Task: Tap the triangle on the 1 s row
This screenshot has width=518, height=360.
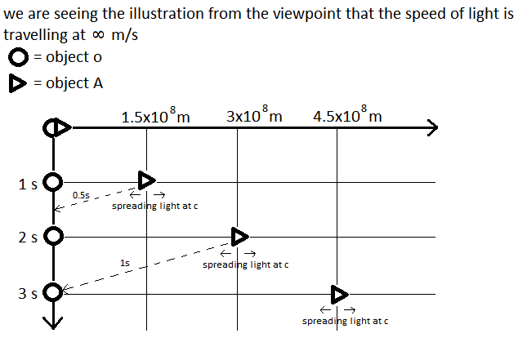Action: pyautogui.click(x=145, y=180)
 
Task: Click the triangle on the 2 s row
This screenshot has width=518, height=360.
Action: pyautogui.click(x=239, y=237)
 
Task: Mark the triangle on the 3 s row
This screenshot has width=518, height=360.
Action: pyautogui.click(x=339, y=294)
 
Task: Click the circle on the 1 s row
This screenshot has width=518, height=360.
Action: pyautogui.click(x=54, y=182)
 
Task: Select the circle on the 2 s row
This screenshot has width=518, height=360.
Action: pyautogui.click(x=54, y=237)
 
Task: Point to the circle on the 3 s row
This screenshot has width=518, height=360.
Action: pyautogui.click(x=54, y=291)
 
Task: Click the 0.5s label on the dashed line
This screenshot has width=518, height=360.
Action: pyautogui.click(x=81, y=196)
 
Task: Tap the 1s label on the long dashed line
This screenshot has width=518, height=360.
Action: pyautogui.click(x=124, y=263)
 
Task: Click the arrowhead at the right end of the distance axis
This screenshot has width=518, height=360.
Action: pyautogui.click(x=432, y=127)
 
